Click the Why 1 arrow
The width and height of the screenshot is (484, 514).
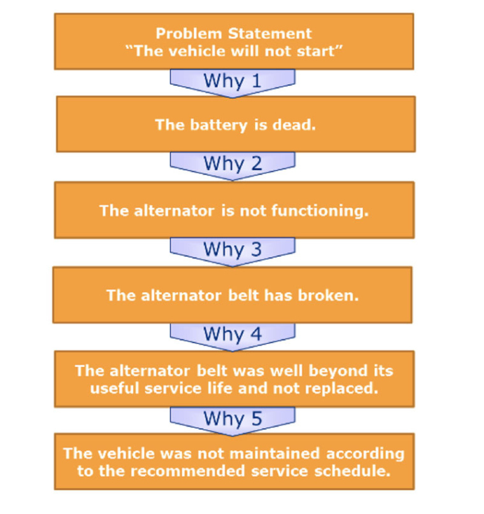232,82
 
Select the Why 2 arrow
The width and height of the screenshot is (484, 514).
232,164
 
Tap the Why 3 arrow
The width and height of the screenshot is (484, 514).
232,250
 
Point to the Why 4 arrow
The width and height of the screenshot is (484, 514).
232,334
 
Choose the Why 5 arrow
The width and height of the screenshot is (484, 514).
232,419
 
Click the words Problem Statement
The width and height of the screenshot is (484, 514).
234,34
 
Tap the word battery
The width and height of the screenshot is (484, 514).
224,124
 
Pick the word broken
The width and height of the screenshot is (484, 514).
330,296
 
